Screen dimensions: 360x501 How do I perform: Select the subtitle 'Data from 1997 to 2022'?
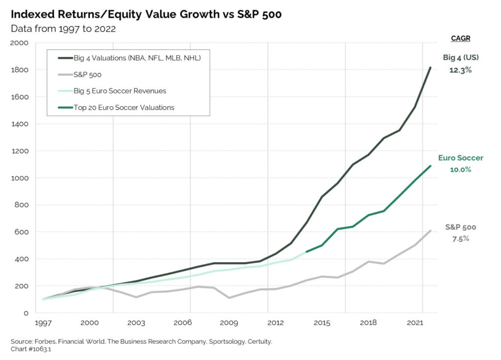(63, 29)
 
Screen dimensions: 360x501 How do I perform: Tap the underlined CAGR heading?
(460, 39)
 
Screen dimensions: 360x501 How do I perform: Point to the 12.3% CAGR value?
(460, 70)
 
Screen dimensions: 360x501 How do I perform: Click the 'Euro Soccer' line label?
(460, 158)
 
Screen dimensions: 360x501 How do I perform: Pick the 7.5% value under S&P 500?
(460, 239)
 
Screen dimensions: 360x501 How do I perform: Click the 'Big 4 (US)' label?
(460, 58)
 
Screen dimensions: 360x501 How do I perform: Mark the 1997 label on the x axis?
(43, 323)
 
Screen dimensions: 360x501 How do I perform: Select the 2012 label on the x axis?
(275, 323)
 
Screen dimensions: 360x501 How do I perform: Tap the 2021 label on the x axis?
(415, 323)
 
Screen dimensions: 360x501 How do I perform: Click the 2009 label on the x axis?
(229, 323)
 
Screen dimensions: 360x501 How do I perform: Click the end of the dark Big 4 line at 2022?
(430, 67)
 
